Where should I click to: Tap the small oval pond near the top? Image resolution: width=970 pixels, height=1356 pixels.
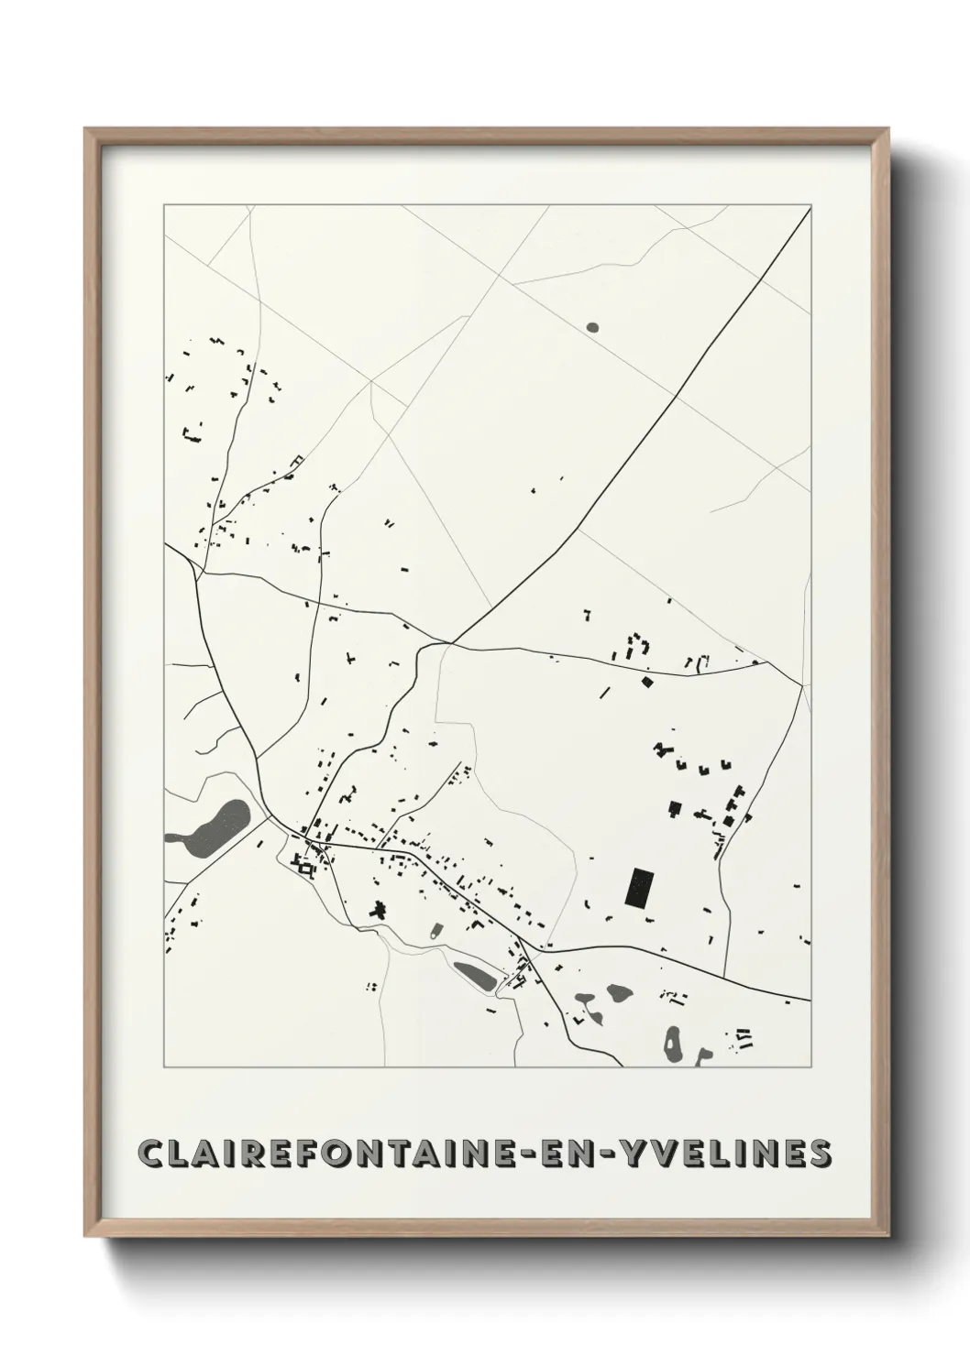591,326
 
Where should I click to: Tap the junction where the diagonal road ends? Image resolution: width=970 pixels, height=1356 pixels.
450,642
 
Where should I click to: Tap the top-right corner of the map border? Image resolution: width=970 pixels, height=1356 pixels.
810,205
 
